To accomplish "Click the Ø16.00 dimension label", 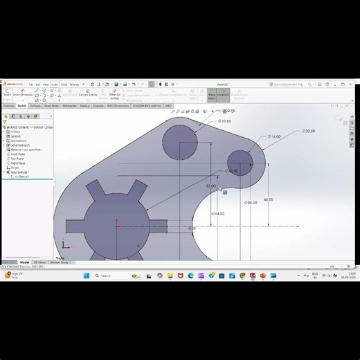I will [x=275, y=137].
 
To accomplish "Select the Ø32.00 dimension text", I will [x=308, y=131].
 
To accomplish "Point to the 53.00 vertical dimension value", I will [x=210, y=186].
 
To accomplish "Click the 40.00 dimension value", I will [x=268, y=199].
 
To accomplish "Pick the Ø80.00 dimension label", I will [x=251, y=203].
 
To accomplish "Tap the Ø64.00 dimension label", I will [x=217, y=214].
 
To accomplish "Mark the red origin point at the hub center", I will [x=118, y=226].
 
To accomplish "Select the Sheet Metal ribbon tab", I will [x=51, y=106].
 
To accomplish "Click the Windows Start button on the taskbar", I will [x=86, y=276].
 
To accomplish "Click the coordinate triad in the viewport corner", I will [x=63, y=245].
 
